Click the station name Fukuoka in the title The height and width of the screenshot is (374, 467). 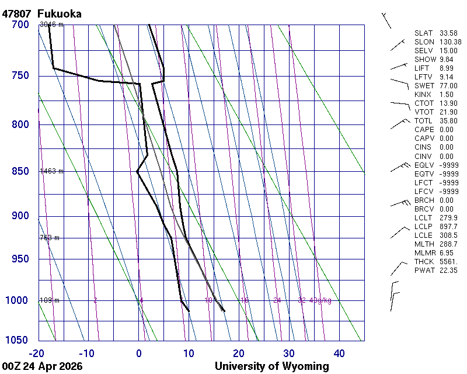coord(59,13)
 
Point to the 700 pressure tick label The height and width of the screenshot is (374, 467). coord(20,25)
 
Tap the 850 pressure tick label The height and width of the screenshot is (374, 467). coord(20,171)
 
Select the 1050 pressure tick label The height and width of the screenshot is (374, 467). coord(18,340)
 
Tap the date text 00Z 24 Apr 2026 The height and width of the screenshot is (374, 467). coord(42,366)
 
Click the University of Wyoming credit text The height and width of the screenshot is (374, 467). coord(271,366)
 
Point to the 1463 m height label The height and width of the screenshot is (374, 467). coord(51,171)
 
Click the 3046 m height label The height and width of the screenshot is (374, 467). coord(51,25)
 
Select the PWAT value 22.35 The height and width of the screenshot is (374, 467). coord(448,270)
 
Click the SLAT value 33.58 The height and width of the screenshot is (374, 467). coord(448,33)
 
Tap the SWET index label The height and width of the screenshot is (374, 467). coord(424,86)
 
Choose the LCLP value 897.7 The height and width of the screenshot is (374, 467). coord(448,226)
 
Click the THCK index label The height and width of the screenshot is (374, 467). coord(424,261)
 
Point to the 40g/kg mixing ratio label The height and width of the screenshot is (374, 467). coord(320,300)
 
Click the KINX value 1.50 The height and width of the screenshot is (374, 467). coord(446,95)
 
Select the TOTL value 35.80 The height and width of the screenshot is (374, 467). coord(448,121)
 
